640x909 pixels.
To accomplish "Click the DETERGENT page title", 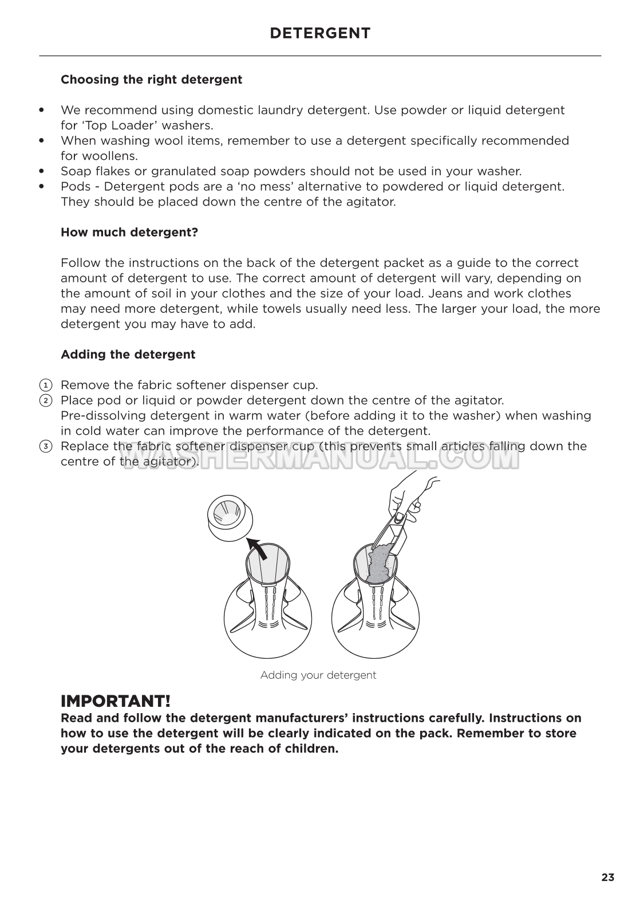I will [320, 33].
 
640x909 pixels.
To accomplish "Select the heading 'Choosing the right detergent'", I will [151, 80].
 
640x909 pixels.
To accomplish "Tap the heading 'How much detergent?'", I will [129, 233].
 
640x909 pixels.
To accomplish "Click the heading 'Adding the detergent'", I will [128, 355].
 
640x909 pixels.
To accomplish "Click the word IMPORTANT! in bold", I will [116, 701].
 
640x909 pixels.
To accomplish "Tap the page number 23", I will [607, 877].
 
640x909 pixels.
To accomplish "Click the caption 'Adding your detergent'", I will [318, 675].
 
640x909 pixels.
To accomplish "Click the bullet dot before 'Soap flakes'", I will [41, 171].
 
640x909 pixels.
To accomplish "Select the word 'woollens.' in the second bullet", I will [100, 156].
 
